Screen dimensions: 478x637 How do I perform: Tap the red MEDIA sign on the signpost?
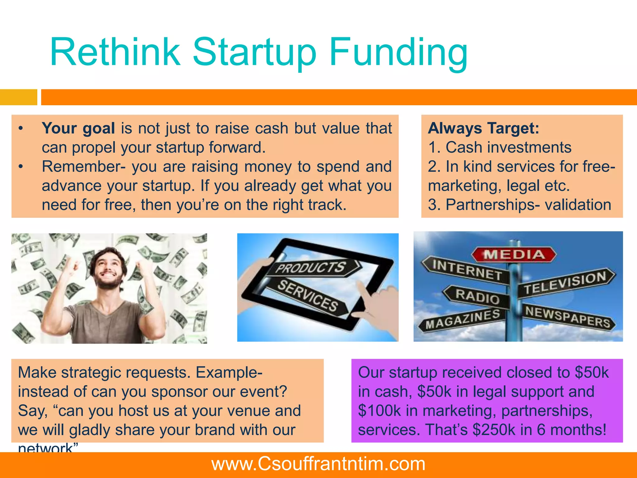coord(514,255)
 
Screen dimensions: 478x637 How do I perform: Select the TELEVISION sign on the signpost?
coord(565,283)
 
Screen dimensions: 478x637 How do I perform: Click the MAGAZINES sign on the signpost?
coord(463,319)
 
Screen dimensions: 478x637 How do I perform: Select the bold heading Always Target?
coord(483,128)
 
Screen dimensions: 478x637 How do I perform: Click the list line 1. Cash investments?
coord(500,147)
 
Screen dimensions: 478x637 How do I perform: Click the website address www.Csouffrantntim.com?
coord(318,464)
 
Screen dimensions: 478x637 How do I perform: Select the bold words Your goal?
coord(78,128)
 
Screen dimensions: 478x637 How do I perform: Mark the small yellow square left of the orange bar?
coord(18,97)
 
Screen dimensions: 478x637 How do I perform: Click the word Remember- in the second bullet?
coord(84,166)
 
